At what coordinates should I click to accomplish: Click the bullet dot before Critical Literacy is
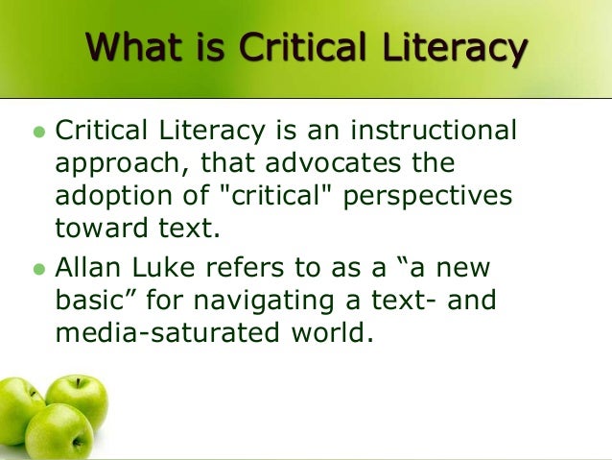tap(39, 131)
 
